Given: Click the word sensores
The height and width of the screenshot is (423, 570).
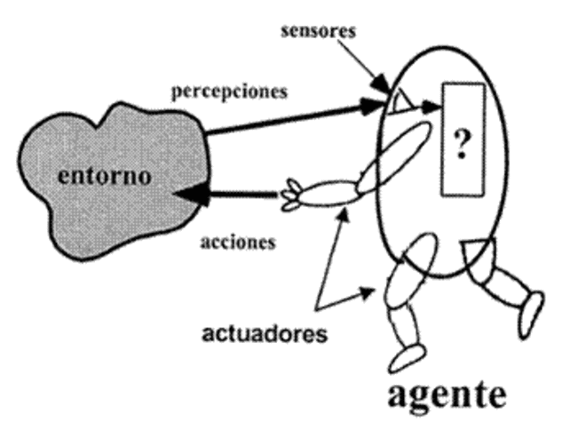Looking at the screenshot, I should [318, 31].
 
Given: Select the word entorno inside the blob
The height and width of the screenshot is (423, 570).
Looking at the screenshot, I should [104, 174].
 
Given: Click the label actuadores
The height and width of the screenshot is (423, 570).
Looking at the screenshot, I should [265, 335].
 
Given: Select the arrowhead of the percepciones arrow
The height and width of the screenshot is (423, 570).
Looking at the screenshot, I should [376, 107].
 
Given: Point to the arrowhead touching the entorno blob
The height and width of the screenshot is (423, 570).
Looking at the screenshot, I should [187, 193].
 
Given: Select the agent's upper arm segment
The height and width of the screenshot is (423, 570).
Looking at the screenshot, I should [389, 153].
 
